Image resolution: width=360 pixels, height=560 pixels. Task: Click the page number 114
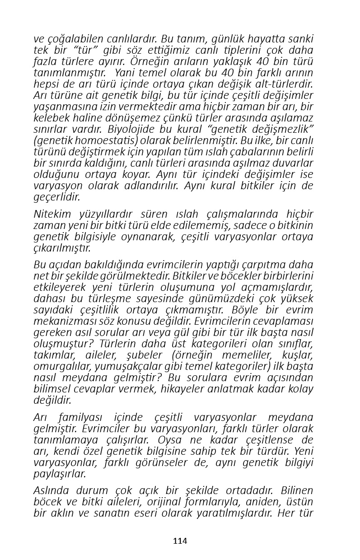(180, 541)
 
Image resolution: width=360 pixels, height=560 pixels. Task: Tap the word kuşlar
(296, 355)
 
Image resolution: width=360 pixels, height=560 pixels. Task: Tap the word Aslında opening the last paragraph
(50, 491)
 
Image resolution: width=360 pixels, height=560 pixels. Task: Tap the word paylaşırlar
(60, 474)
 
